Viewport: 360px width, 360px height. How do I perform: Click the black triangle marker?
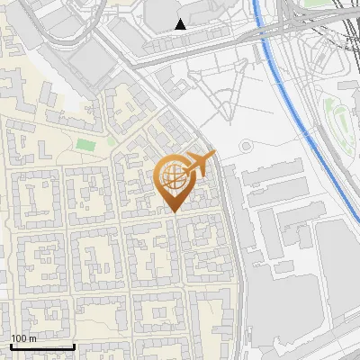pos(181,23)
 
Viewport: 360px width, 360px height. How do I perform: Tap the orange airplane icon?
pos(198,165)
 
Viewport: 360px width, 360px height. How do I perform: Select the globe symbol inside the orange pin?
pos(172,177)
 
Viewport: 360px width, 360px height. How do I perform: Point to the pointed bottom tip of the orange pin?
pos(172,211)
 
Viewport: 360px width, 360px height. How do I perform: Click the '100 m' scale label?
pos(24,338)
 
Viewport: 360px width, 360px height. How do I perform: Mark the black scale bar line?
pos(42,346)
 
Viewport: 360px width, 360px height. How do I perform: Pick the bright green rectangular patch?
pos(85,144)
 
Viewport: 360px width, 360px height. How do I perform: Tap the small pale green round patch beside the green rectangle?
pos(110,139)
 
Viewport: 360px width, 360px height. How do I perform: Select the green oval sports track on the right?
pos(340,121)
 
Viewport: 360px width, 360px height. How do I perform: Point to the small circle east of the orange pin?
pos(245,146)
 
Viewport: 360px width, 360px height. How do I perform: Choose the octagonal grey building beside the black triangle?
pos(162,11)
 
